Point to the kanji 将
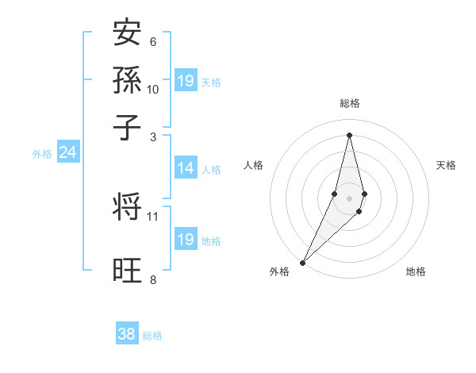click(x=128, y=207)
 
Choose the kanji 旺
click(x=128, y=271)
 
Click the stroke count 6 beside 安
click(x=153, y=42)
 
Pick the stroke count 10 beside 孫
click(x=153, y=90)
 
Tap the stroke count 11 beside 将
click(x=153, y=216)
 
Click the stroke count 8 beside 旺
click(x=153, y=279)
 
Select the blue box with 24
click(x=67, y=153)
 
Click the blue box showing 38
click(x=127, y=335)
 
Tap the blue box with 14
click(x=186, y=168)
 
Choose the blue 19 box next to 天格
click(x=186, y=81)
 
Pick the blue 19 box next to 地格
click(x=186, y=240)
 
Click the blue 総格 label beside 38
click(x=152, y=336)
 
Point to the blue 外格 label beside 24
click(x=42, y=154)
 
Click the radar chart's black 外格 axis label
click(x=279, y=272)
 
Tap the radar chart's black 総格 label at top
click(x=350, y=103)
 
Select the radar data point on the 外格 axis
click(x=303, y=262)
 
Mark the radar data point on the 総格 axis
click(x=350, y=135)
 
